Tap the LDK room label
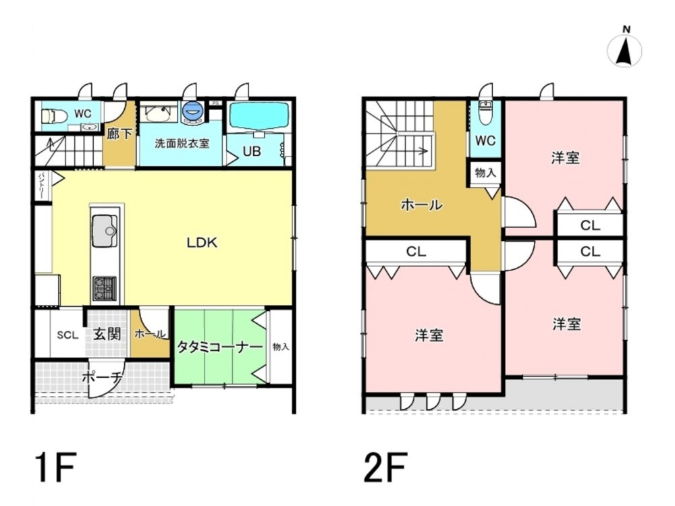pos(202,243)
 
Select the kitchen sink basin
pos(104,231)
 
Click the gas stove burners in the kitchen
pos(104,289)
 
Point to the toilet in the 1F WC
pos(55,116)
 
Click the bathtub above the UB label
pos(259,115)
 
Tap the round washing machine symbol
pos(191,111)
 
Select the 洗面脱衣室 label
pos(182,143)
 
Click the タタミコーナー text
pos(219,347)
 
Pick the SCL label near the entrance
pos(67,335)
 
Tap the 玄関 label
pos(107,334)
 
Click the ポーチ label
pos(102,378)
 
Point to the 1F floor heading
pos(56,468)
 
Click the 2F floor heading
pos(385,468)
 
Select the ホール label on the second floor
pos(421,205)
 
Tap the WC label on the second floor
pos(485,140)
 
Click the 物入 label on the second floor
pos(485,173)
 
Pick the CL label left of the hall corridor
pos(416,251)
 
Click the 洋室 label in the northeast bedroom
pos(565,158)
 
